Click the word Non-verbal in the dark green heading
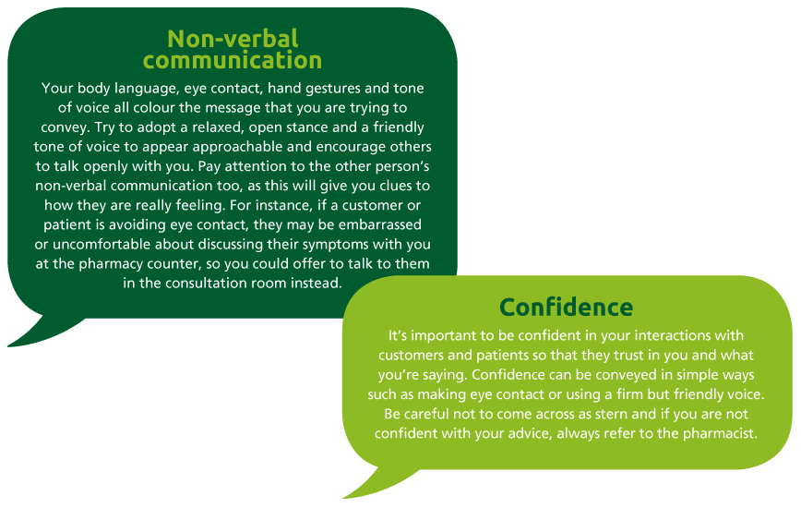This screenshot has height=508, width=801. (233, 39)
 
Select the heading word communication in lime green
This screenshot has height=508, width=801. (233, 60)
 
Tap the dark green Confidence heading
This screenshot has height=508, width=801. (566, 308)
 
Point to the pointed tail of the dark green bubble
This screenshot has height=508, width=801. (9, 346)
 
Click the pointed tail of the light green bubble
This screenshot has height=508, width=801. (345, 497)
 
